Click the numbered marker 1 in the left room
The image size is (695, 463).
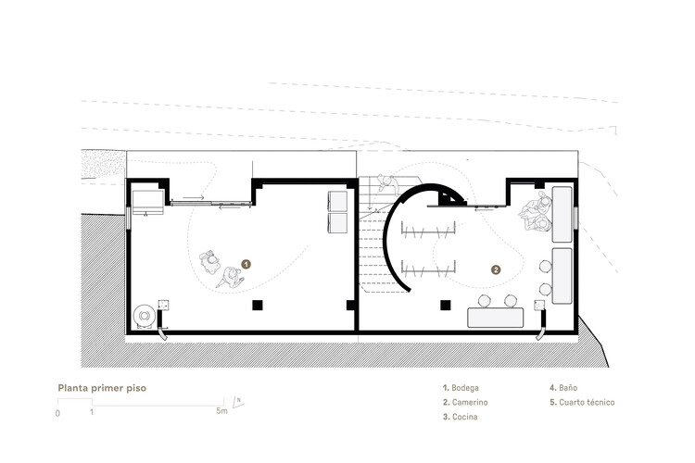click(x=246, y=264)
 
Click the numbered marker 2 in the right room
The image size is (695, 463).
click(x=496, y=270)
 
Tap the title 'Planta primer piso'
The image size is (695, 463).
click(x=102, y=388)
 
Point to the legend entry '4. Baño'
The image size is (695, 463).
click(x=565, y=388)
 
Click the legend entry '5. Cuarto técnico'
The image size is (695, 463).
click(x=582, y=403)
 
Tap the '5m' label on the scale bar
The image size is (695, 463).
click(x=220, y=412)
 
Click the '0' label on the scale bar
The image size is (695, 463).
click(x=57, y=413)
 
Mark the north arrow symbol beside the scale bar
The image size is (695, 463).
click(x=237, y=402)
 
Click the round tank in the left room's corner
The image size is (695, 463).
click(x=144, y=316)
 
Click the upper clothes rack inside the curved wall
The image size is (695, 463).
click(x=433, y=231)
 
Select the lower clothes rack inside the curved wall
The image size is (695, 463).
click(x=431, y=269)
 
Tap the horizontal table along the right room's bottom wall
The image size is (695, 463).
click(x=496, y=317)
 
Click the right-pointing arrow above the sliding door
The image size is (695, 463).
click(x=193, y=197)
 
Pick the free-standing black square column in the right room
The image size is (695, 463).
click(x=446, y=305)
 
